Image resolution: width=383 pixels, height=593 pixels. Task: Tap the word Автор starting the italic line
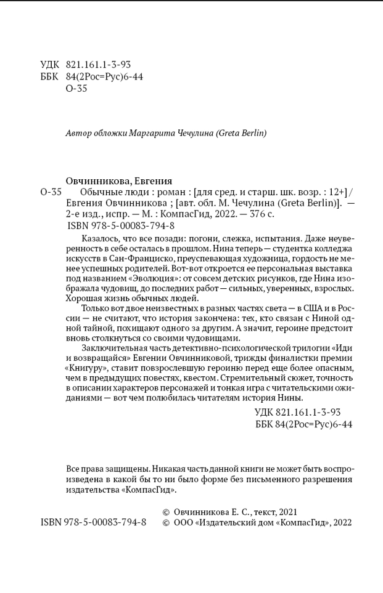click(78, 133)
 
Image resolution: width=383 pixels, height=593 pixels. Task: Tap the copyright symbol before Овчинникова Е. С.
click(165, 512)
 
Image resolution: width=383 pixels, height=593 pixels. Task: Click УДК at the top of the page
click(50, 64)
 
